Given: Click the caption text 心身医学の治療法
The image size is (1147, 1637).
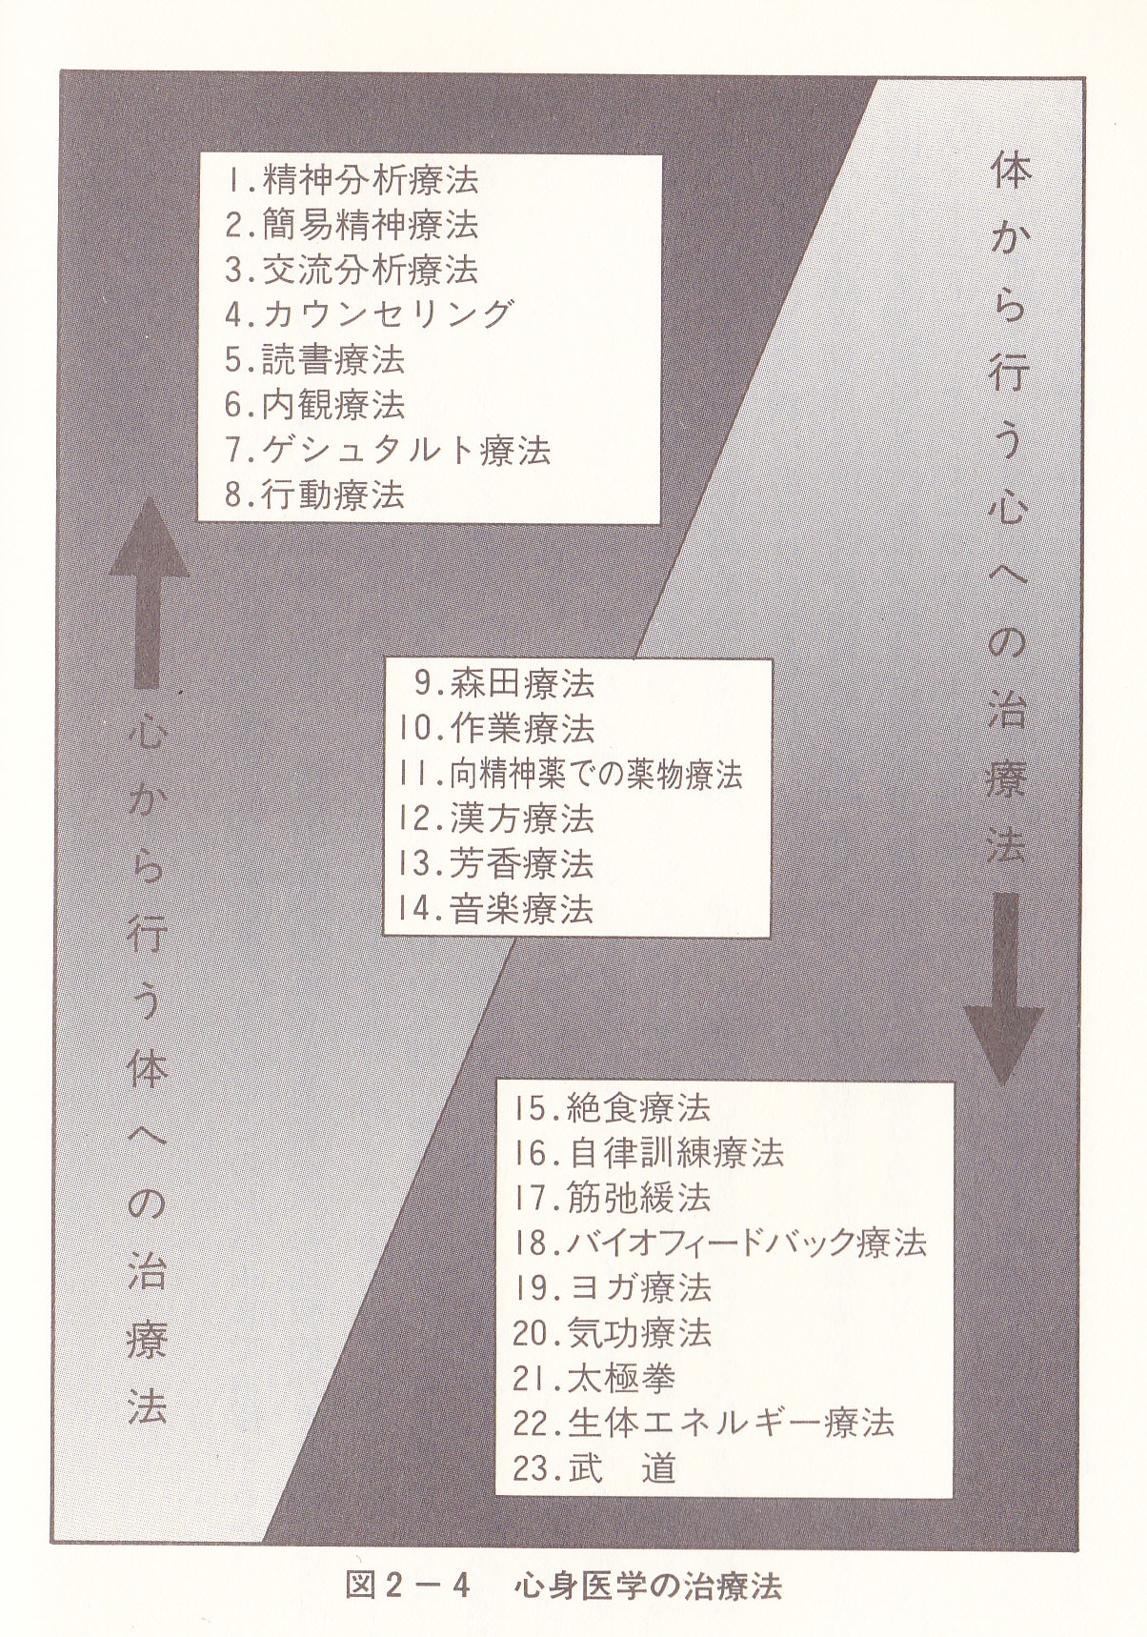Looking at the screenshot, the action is pos(647,1586).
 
